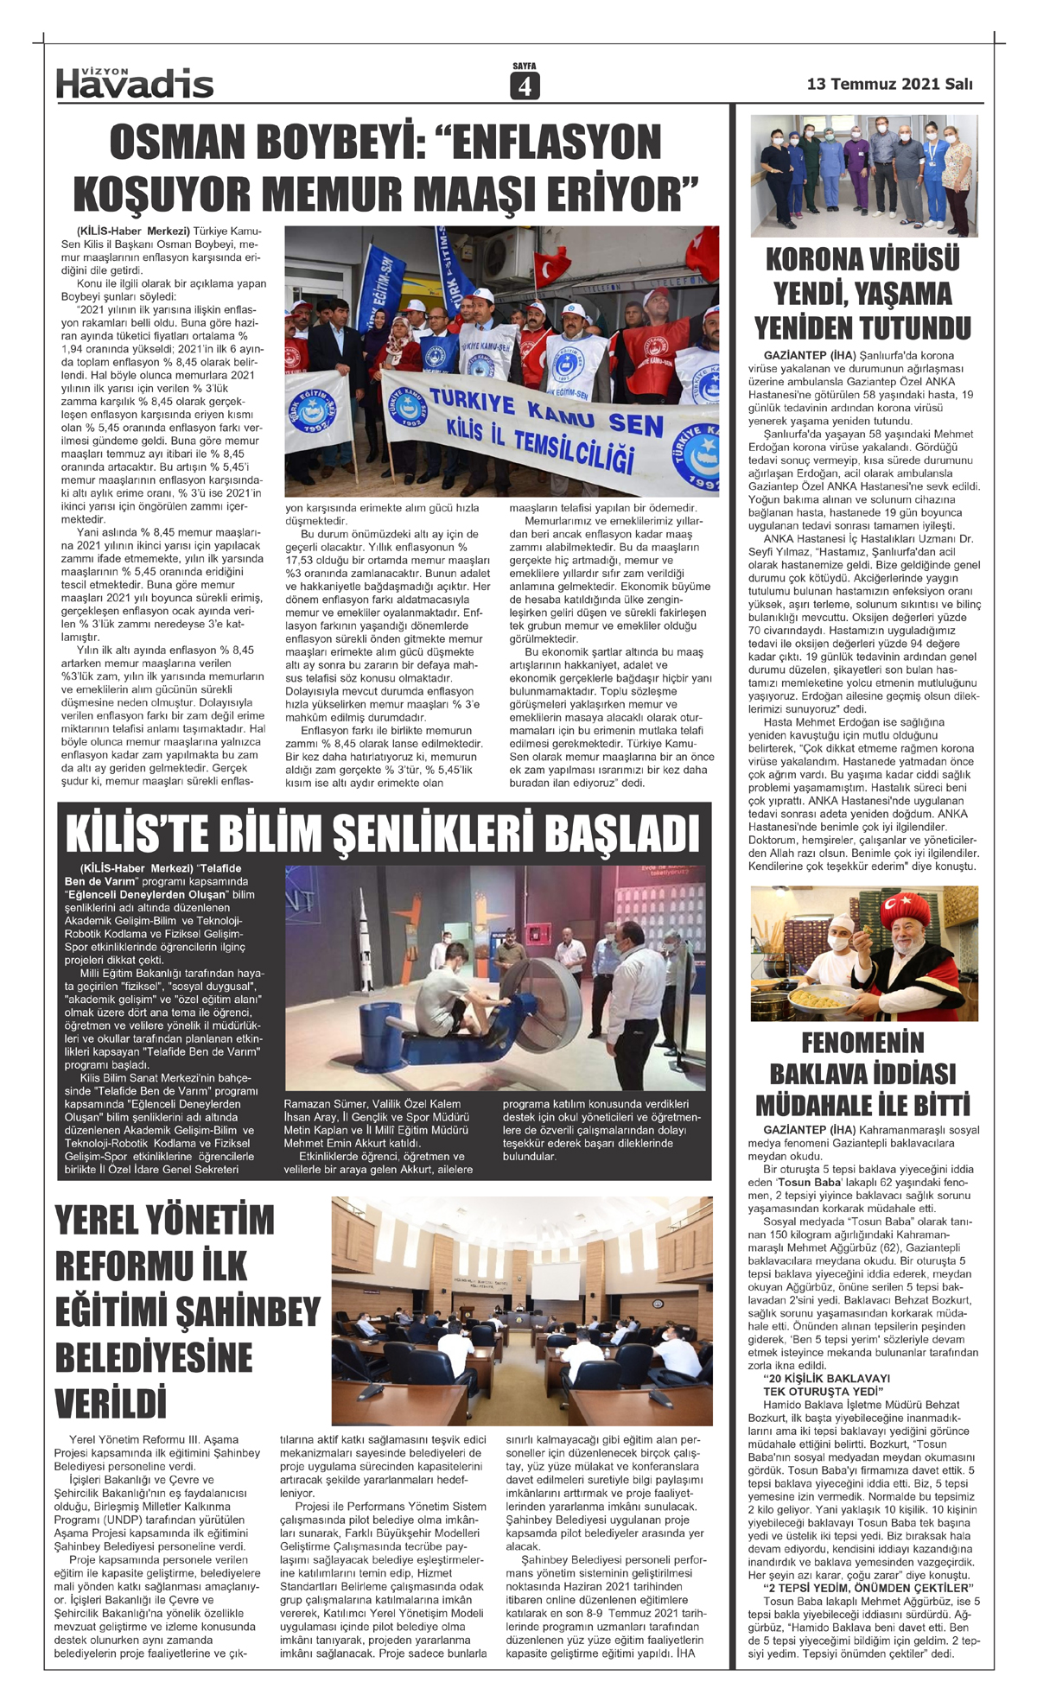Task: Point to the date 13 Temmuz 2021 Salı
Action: (x=889, y=84)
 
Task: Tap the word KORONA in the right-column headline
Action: (x=813, y=260)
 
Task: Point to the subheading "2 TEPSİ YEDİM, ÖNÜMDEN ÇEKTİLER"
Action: (x=868, y=1588)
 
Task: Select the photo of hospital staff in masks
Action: (x=864, y=175)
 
